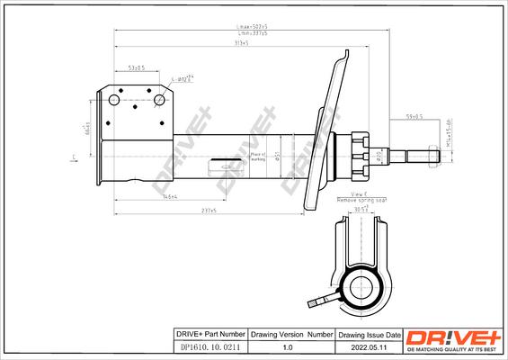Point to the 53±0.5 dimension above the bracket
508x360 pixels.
point(138,68)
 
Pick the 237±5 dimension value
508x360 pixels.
point(209,211)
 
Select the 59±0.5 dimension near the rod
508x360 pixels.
point(414,116)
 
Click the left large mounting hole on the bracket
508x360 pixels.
point(114,101)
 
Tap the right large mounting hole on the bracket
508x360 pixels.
point(161,100)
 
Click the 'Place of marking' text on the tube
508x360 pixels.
point(257,157)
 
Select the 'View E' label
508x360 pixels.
point(359,195)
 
